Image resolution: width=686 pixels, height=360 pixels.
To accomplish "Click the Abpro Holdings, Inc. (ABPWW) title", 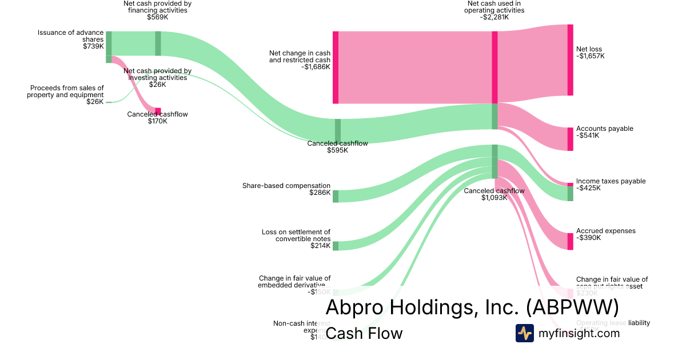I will tap(472, 307).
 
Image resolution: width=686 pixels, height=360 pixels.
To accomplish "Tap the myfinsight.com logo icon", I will tap(524, 333).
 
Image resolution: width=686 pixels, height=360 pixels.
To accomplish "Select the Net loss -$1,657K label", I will tap(590, 53).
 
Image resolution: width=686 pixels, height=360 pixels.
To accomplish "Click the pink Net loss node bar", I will tap(570, 60).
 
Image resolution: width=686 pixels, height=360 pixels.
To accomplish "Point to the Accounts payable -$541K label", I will tap(604, 132).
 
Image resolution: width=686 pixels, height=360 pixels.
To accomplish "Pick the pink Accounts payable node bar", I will tap(570, 139).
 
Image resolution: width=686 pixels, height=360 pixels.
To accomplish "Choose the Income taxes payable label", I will tap(611, 181).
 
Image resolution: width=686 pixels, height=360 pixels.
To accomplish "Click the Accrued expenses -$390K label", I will tap(605, 234).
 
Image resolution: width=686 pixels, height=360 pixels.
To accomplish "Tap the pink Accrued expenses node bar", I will tap(570, 241).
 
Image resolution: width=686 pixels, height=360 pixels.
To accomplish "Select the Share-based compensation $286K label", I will tap(286, 189).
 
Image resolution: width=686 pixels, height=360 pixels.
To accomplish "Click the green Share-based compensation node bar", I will tap(336, 196).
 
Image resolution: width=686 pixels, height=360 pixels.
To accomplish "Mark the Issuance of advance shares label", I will tap(71, 39).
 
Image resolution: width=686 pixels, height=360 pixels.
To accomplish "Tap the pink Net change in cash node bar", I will tap(336, 67).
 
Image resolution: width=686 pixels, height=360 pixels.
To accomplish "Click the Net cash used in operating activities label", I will tap(494, 10).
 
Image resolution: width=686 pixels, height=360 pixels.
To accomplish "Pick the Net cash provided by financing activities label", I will tap(157, 10).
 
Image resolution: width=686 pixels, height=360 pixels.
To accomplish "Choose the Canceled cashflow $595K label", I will tap(337, 147).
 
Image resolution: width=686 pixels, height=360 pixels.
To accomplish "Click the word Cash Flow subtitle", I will tap(364, 333).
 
